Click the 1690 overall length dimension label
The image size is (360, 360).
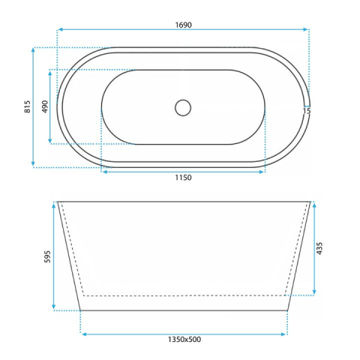(184, 25)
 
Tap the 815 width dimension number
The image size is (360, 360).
(27, 106)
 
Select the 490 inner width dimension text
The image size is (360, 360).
(45, 106)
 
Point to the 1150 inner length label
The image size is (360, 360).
(183, 178)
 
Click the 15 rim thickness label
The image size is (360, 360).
(307, 111)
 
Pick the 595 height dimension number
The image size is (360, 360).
(47, 256)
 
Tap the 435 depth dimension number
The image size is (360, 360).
(319, 248)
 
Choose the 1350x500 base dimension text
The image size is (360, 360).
(184, 340)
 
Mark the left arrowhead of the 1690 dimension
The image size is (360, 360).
(60, 29)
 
